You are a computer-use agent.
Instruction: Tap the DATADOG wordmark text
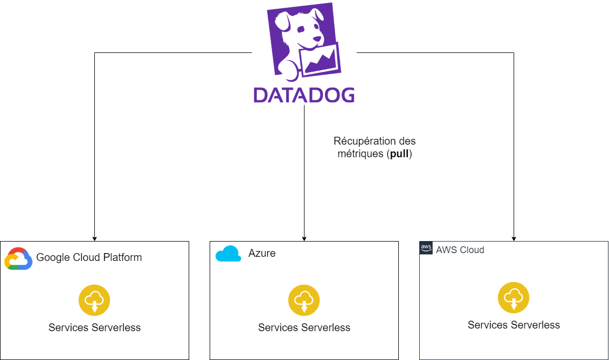coord(304,94)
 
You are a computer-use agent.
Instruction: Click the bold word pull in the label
coord(399,155)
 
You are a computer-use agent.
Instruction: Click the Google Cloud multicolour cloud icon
coord(19,258)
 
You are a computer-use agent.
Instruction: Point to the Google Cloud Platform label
coord(89,257)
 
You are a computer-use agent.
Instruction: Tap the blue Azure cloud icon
coord(229,254)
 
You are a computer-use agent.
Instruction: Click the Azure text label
coord(262,254)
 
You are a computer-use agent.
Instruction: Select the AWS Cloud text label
coord(460,250)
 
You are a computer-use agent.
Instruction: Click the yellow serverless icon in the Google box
coord(94,300)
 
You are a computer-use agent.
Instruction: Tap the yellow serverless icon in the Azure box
coord(304,300)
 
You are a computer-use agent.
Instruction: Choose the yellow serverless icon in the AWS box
coord(514,298)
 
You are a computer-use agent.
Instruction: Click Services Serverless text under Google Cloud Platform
coord(94,328)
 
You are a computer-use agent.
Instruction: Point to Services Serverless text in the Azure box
coord(304,328)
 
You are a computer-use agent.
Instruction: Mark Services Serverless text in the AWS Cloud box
coord(514,325)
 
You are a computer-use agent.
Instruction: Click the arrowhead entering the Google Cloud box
coord(94,238)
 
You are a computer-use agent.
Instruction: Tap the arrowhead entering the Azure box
coord(304,238)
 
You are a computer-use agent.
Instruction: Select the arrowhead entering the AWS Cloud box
coord(514,238)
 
